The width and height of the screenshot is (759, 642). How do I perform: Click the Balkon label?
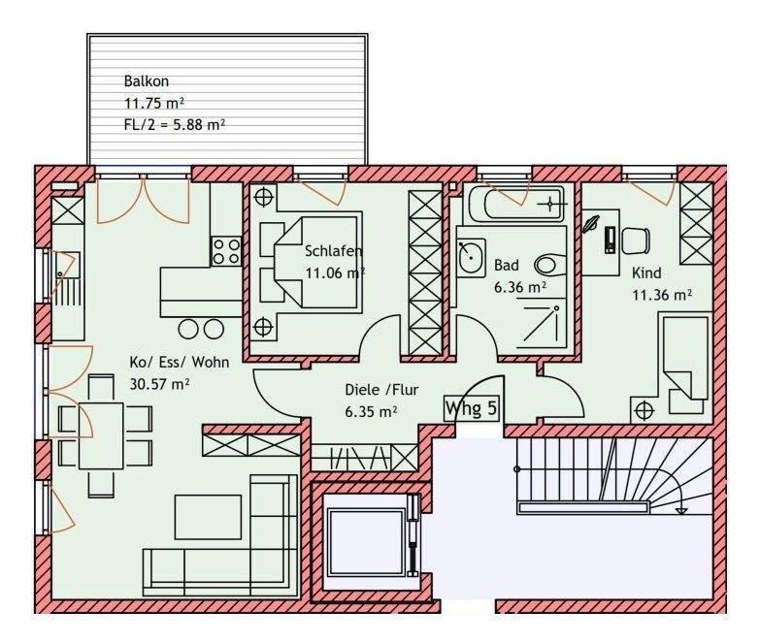pos(147,80)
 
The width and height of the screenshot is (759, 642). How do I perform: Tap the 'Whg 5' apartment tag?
pos(471,408)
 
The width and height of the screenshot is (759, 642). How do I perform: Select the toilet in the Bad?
pos(550,265)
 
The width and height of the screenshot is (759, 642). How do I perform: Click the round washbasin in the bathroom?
pos(470,257)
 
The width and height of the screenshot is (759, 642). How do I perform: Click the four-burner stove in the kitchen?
pos(226,251)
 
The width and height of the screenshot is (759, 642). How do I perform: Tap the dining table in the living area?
pos(101,435)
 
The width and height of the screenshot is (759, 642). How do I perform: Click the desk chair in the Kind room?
pos(636,241)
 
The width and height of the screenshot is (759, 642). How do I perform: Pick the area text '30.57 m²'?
pos(159,384)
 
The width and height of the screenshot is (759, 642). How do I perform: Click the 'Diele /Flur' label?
pos(381,390)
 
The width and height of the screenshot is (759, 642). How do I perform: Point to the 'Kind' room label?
pos(646,273)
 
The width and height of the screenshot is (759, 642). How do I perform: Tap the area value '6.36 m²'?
pos(520,287)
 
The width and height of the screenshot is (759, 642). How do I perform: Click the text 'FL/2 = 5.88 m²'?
pos(175,125)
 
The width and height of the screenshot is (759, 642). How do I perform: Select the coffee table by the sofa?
pos(208,517)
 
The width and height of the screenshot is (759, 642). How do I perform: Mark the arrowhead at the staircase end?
pos(682,509)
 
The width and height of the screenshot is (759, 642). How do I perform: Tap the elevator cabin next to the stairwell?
pos(366,541)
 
